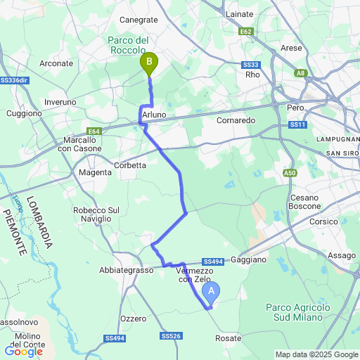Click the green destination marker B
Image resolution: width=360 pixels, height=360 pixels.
point(149,64)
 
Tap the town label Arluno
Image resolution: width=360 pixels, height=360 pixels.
point(153,114)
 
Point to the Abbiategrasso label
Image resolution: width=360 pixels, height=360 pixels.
point(127,270)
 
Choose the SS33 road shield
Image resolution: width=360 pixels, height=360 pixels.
point(251,65)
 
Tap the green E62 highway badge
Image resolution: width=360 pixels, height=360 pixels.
point(245,32)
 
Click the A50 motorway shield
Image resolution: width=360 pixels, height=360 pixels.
point(290,172)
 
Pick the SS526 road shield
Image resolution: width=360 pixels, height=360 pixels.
point(171,336)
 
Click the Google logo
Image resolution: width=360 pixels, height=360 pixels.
point(23,352)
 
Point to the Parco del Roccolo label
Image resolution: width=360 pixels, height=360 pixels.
point(127,46)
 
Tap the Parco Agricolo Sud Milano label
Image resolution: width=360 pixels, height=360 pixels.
point(298,312)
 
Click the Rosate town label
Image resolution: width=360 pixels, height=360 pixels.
point(228,338)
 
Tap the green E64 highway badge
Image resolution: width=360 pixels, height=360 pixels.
point(94,131)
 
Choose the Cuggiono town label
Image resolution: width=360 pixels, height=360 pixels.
point(24,113)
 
